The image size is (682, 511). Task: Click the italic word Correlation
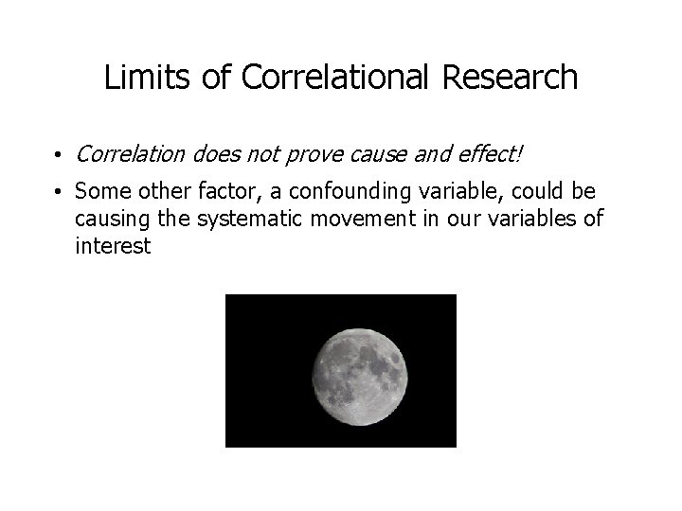coord(130,152)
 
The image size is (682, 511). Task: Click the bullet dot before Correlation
coord(59,153)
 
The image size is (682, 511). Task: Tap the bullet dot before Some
coord(59,193)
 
